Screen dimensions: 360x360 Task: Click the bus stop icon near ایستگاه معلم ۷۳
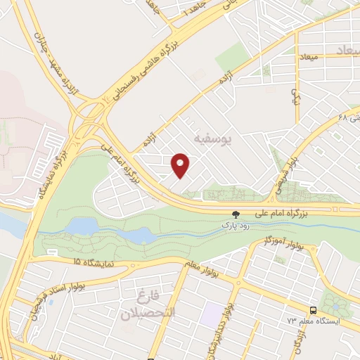coord(312,309)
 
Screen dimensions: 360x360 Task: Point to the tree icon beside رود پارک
coord(236,216)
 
